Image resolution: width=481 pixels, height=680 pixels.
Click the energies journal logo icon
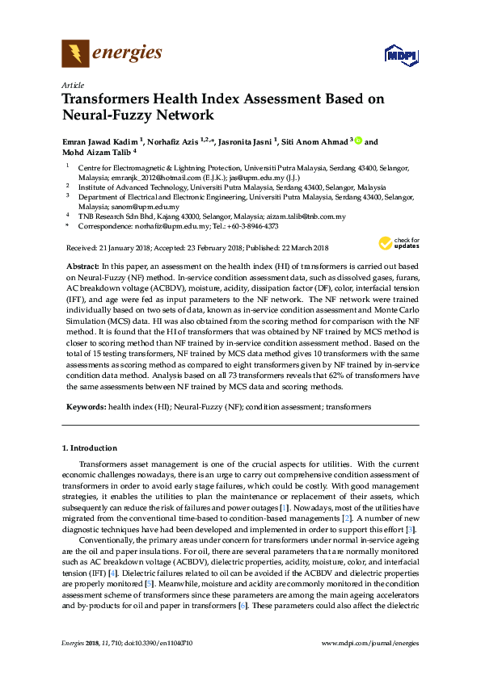click(75, 54)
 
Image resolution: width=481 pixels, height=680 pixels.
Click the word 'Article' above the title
click(72, 85)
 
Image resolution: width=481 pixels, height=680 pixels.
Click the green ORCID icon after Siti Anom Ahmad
click(358, 141)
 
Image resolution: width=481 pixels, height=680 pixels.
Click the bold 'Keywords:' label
click(85, 409)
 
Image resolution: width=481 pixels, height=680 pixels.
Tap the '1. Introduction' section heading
click(90, 447)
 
